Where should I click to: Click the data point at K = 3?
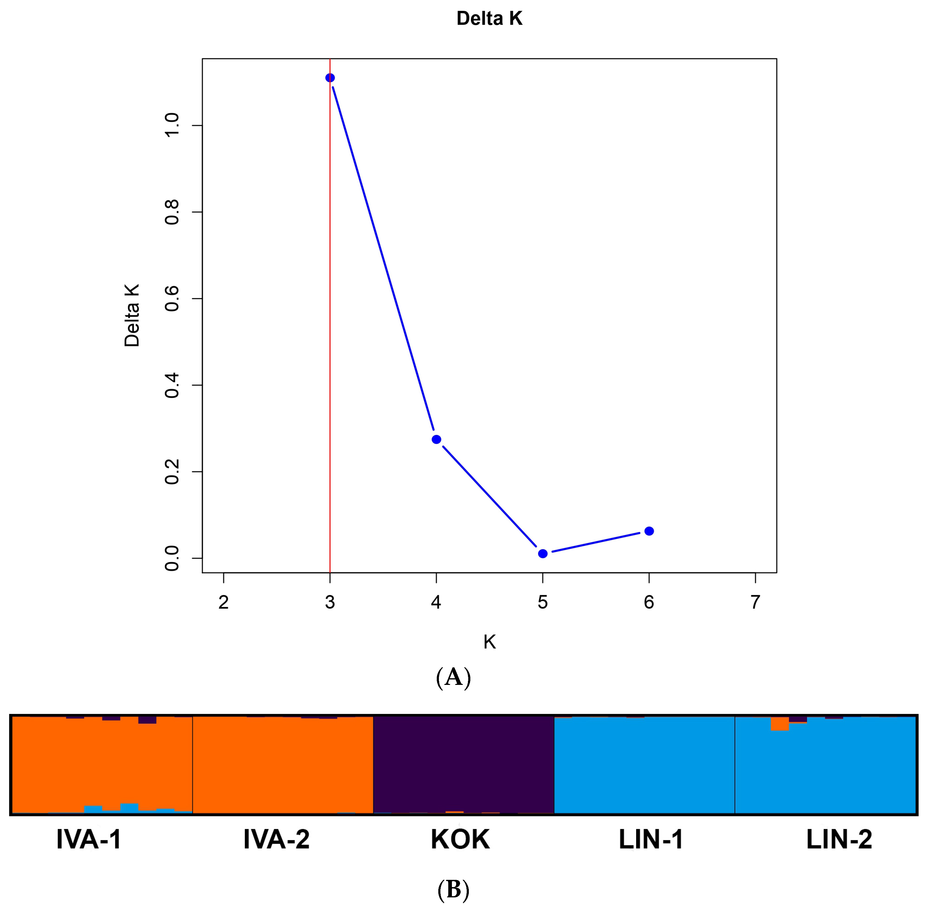[x=330, y=78]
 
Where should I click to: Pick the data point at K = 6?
[x=649, y=531]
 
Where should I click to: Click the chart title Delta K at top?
[x=489, y=18]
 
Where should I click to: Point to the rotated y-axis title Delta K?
[x=131, y=315]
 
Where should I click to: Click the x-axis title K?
[x=489, y=642]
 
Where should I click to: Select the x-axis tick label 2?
[x=223, y=602]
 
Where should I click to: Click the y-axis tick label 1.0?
[x=172, y=125]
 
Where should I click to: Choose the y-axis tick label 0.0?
[x=172, y=558]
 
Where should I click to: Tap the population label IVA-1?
[x=89, y=840]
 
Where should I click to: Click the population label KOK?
[x=460, y=840]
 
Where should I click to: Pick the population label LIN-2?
[x=839, y=840]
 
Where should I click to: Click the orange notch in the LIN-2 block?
[x=779, y=723]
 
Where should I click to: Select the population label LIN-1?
[x=651, y=840]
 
